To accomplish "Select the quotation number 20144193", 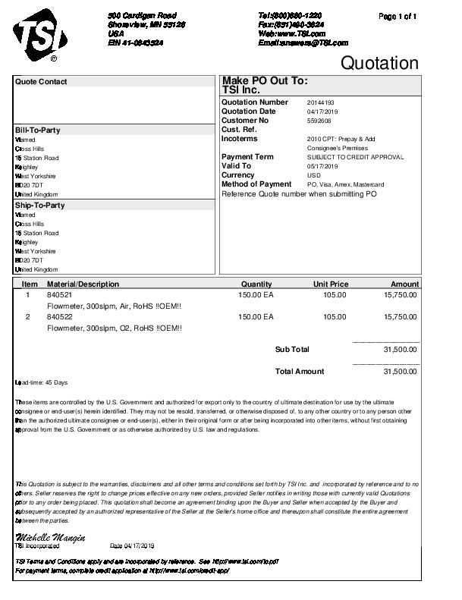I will point(321,102).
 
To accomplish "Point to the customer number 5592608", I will point(319,121).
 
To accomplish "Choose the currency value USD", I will point(313,175).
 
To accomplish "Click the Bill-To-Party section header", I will point(38,130).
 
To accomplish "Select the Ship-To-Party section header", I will point(39,206).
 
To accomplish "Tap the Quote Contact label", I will point(41,82).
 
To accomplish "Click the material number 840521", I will point(59,294).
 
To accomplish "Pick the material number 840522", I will point(59,316).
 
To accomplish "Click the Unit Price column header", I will point(331,284).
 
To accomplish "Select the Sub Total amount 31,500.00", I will point(401,350).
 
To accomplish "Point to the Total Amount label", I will point(299,372).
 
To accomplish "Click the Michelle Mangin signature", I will point(50,538).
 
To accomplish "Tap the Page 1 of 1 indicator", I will point(398,16).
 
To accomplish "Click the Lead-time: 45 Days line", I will point(42,382).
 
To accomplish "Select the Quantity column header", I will point(256,284).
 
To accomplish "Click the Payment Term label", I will point(247,157).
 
